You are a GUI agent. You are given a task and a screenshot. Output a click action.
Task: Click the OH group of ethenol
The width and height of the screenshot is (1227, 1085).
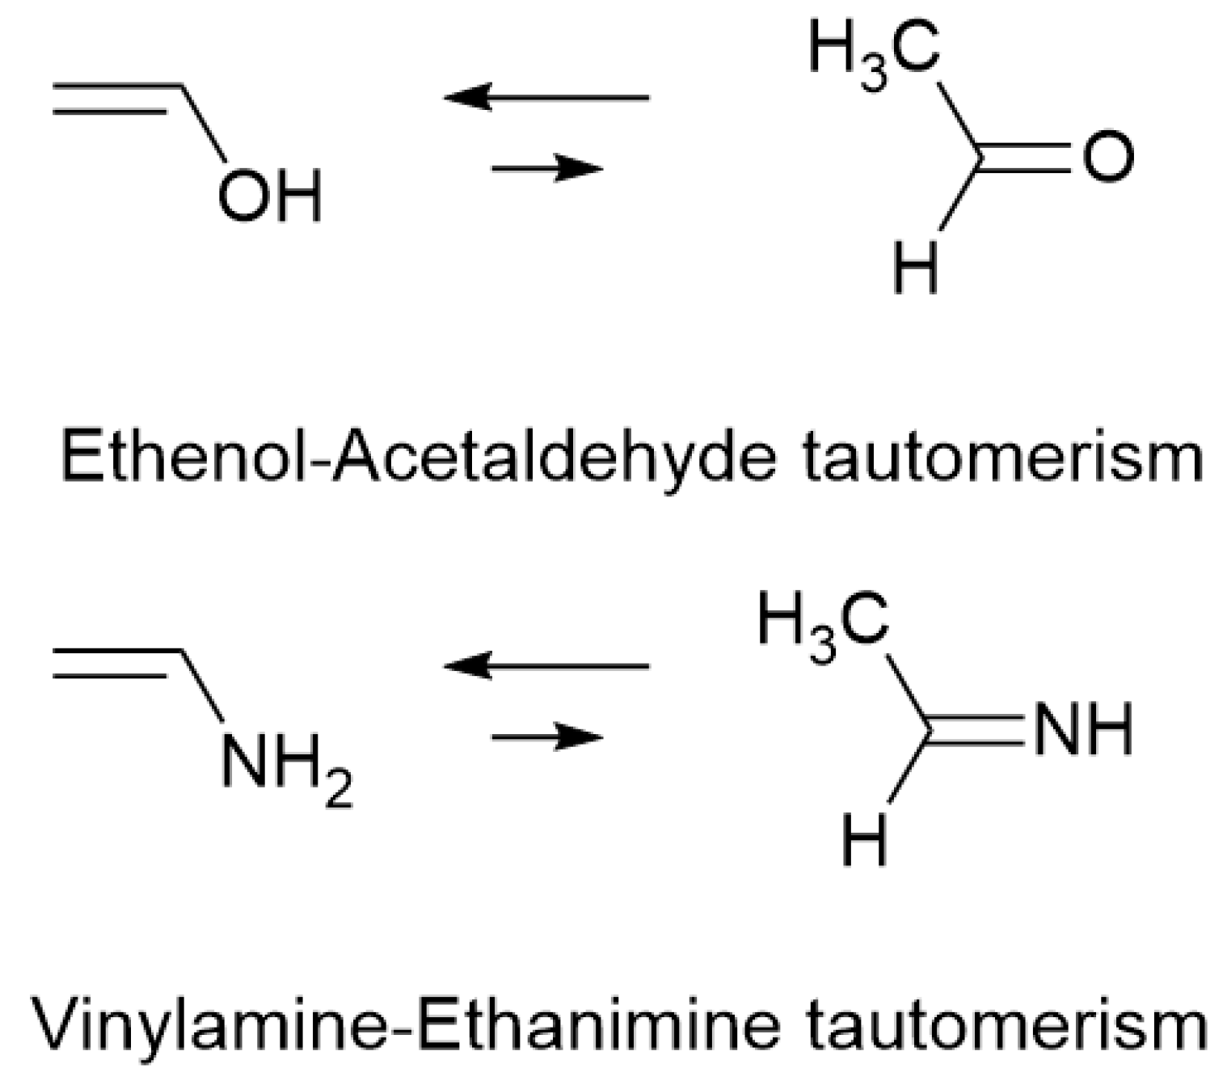(x=269, y=195)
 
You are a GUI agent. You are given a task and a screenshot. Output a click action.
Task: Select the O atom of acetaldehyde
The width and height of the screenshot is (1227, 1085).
(x=1107, y=156)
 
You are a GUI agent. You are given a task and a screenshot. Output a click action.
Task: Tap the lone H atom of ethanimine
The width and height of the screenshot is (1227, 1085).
(x=864, y=838)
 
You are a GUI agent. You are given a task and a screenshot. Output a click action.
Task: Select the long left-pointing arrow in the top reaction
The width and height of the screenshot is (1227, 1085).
(x=546, y=97)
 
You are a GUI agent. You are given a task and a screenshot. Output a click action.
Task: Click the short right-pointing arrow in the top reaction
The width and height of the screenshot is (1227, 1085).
(x=547, y=168)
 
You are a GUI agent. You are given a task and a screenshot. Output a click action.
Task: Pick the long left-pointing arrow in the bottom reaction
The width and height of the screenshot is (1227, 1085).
(x=546, y=666)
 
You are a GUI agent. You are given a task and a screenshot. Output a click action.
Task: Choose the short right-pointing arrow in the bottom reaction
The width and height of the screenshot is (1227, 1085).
(x=547, y=737)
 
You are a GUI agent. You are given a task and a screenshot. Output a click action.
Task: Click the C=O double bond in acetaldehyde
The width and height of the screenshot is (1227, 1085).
(x=1023, y=157)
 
